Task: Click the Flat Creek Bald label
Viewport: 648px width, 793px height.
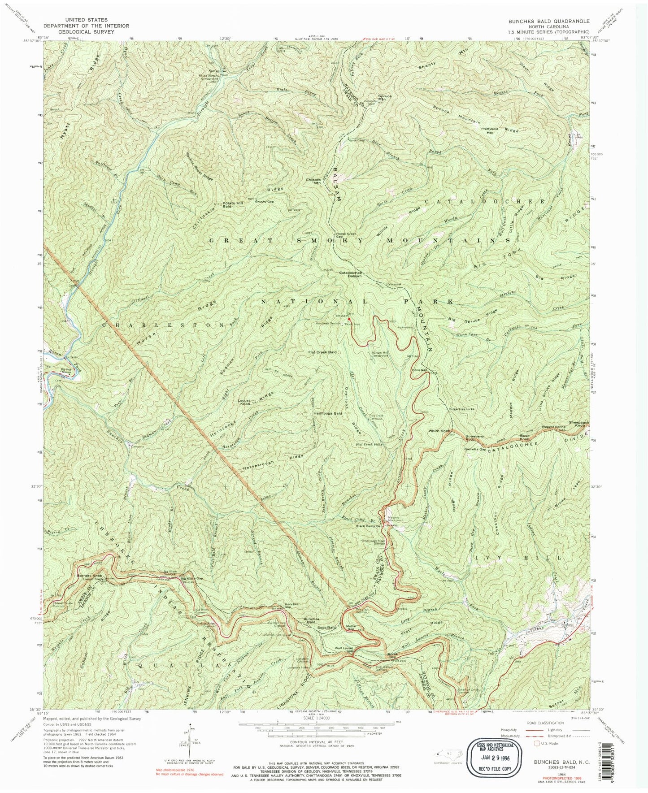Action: pyautogui.click(x=322, y=352)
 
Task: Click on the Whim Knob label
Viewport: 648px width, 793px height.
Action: pyautogui.click(x=439, y=431)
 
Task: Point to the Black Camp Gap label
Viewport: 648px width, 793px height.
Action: pyautogui.click(x=370, y=526)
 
